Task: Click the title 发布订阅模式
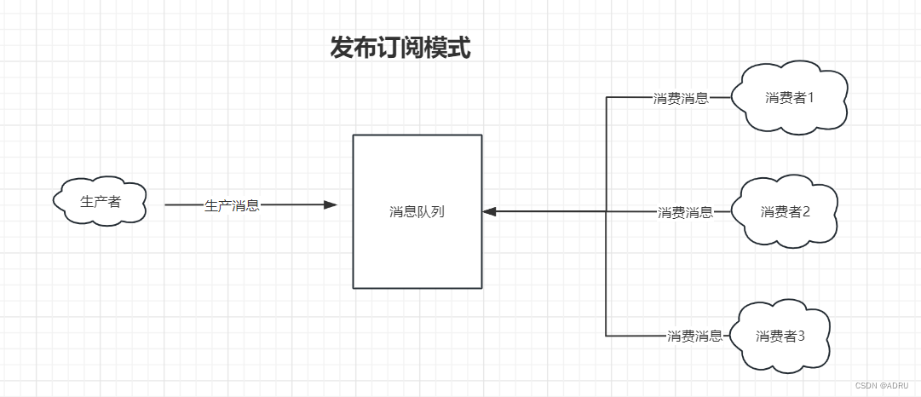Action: tap(400, 48)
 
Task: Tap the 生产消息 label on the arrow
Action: tap(232, 205)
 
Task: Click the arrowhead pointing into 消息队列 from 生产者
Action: tap(331, 204)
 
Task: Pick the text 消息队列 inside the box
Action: tap(417, 211)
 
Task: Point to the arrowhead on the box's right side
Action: tap(489, 211)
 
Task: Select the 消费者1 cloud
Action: tap(791, 97)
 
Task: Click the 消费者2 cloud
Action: tap(786, 211)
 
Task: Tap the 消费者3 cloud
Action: tap(781, 335)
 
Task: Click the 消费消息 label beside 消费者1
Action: tap(681, 98)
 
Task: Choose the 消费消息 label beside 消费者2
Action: tap(685, 212)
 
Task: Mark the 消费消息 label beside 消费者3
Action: tap(695, 336)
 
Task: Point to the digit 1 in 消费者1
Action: tap(810, 97)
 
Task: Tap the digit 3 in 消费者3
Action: tap(801, 336)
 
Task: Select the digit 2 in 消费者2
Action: tap(805, 211)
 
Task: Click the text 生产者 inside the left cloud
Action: tap(100, 202)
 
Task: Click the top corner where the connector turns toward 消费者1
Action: tap(606, 98)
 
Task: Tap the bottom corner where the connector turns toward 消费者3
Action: tap(606, 336)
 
